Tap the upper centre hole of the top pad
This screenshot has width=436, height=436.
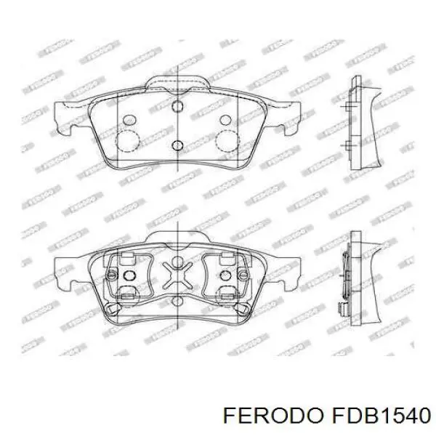click(x=177, y=107)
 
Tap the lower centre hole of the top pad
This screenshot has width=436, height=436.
click(x=177, y=145)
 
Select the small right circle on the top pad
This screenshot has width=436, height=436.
click(x=226, y=119)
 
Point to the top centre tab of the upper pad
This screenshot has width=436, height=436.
click(x=178, y=81)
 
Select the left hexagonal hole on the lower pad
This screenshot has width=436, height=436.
click(x=131, y=277)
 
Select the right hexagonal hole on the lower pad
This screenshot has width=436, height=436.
click(x=225, y=277)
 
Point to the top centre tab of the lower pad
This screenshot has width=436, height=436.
click(x=178, y=236)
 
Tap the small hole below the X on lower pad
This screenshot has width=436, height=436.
click(x=177, y=300)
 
